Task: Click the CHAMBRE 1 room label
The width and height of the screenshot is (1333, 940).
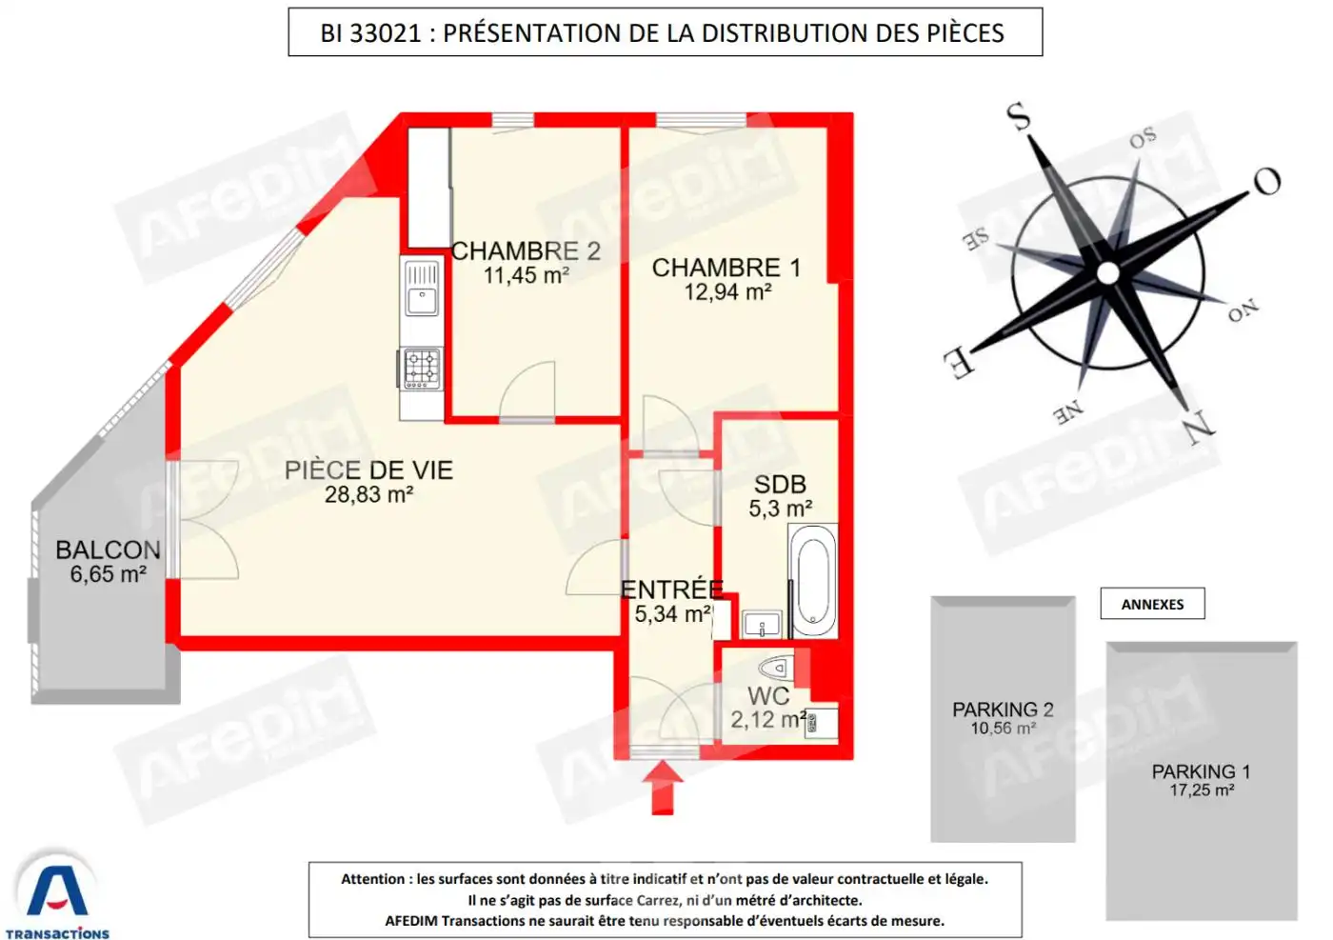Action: point(726,268)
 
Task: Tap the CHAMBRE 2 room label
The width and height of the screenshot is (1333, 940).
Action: point(526,251)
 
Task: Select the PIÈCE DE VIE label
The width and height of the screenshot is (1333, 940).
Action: point(368,470)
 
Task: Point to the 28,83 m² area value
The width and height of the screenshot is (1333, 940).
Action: point(368,495)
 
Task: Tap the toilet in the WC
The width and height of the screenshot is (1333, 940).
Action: point(776,666)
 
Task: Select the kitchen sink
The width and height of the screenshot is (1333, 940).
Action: point(422,288)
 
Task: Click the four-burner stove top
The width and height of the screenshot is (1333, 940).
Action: point(422,369)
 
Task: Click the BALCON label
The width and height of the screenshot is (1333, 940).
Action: point(108,550)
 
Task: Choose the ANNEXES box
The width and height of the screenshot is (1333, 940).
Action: point(1152,604)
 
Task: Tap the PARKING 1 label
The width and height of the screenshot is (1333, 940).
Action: point(1201,771)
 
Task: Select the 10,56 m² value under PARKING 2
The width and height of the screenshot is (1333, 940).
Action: point(1003,729)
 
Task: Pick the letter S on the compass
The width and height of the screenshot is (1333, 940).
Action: point(1019,117)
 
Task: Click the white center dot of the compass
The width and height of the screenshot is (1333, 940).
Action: point(1107,273)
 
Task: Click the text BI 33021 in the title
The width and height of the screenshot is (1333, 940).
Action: point(370,33)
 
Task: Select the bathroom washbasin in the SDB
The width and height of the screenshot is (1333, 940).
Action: point(762,626)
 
